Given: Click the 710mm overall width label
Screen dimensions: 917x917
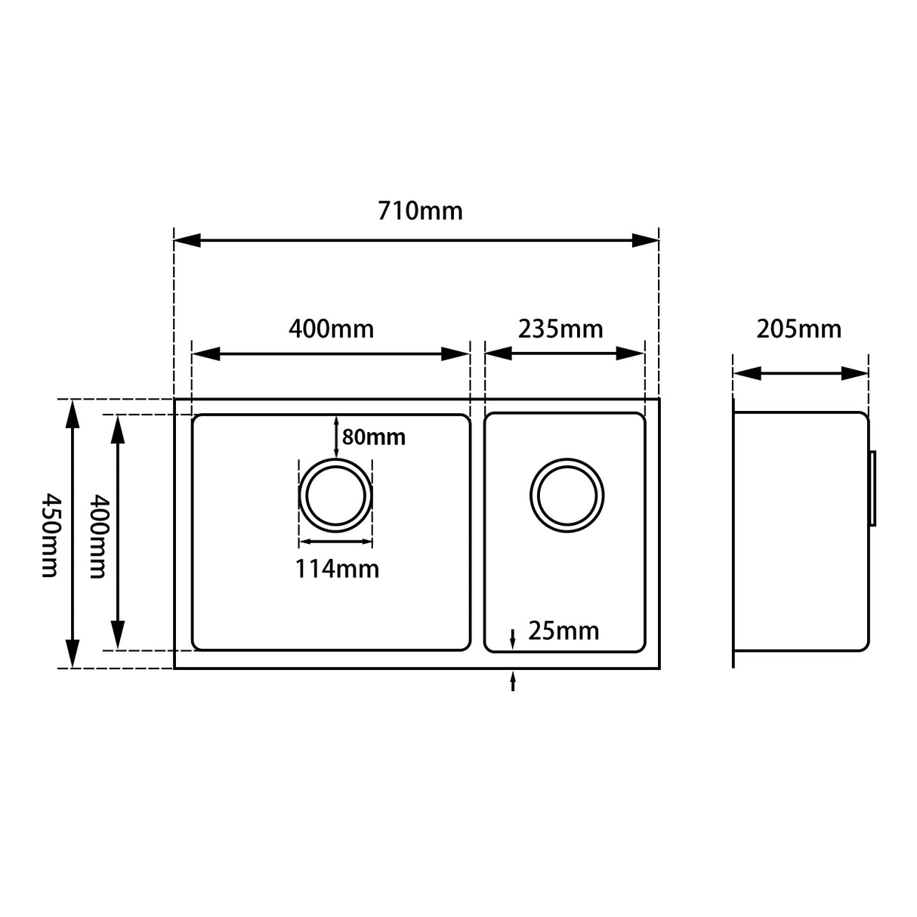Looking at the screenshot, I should [x=420, y=211].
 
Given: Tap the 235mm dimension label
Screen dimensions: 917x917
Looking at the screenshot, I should [x=560, y=329].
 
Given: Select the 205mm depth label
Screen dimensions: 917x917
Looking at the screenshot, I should [x=798, y=329].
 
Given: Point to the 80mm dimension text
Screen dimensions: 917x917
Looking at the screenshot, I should [x=373, y=437].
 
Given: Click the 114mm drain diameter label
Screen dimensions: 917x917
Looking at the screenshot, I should [x=337, y=568].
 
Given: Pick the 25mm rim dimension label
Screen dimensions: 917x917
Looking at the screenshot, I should [x=563, y=631].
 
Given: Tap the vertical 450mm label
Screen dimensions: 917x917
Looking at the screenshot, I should [x=49, y=535].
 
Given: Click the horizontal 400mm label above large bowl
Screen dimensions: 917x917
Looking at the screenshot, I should [x=331, y=329].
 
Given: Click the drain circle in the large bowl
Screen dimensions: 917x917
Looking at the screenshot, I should [x=336, y=496].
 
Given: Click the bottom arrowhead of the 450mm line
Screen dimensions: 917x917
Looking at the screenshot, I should [x=72, y=654].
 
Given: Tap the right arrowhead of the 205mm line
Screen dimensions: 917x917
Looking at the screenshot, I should [x=856, y=373].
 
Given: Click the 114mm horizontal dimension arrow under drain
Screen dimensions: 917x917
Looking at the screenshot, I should [x=336, y=541].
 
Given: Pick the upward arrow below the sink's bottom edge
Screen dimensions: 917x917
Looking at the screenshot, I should [x=513, y=681].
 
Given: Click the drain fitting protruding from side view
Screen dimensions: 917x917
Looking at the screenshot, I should [x=872, y=489].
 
